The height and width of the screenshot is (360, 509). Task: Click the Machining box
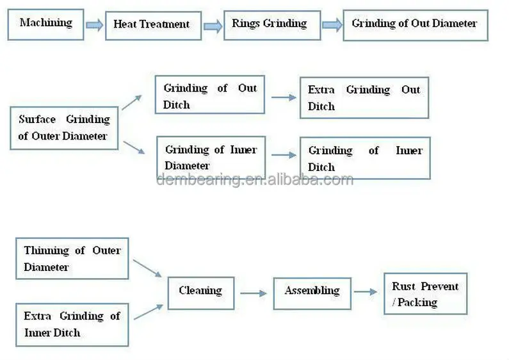(x=45, y=24)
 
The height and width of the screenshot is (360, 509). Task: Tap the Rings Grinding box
(x=269, y=24)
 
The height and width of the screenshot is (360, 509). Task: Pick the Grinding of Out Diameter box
(x=414, y=24)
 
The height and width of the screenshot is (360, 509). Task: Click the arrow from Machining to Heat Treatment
(x=94, y=25)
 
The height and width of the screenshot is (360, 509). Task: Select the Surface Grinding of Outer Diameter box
(x=64, y=127)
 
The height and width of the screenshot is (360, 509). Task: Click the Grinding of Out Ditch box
(x=209, y=96)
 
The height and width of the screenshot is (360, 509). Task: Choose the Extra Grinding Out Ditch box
(x=364, y=98)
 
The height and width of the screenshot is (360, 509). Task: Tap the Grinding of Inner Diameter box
(x=211, y=158)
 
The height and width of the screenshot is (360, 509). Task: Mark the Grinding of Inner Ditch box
(x=365, y=158)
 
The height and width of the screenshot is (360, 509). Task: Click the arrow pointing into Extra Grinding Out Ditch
(x=284, y=97)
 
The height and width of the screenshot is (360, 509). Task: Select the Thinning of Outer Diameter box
(x=72, y=258)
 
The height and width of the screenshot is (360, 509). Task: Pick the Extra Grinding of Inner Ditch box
(x=72, y=324)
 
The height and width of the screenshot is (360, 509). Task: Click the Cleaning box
(x=200, y=291)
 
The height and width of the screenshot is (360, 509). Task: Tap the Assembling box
(x=312, y=291)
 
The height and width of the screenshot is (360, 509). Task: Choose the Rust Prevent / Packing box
(x=425, y=294)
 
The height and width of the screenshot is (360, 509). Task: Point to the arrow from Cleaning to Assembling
(x=254, y=293)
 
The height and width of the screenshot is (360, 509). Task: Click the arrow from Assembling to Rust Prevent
(x=366, y=292)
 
